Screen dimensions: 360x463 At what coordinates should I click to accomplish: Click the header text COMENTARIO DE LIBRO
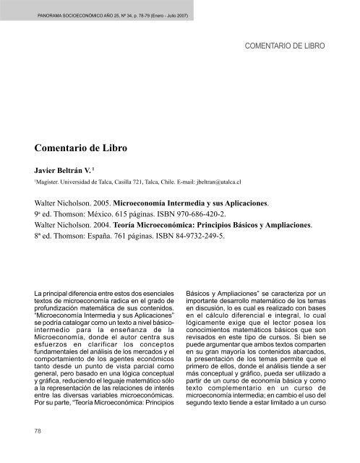click(286, 46)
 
